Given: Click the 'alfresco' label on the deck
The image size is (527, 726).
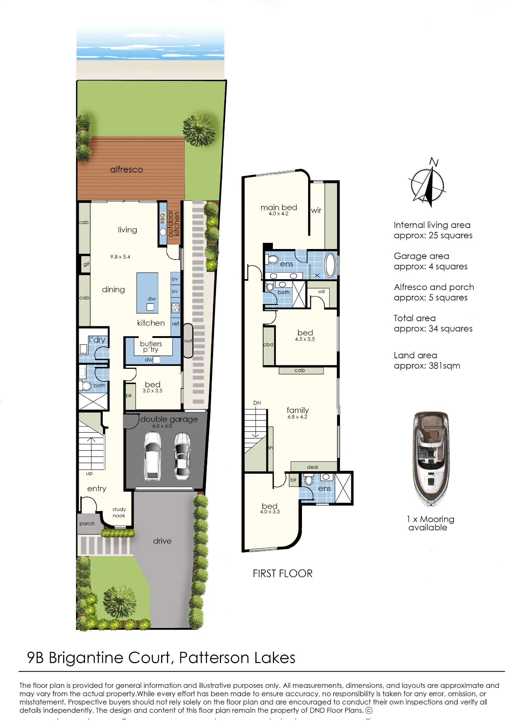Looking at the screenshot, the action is pos(126,170).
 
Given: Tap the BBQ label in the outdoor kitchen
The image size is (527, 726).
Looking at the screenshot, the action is pos(162,218).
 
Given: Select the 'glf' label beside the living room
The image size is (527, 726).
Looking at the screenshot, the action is pos(86,264).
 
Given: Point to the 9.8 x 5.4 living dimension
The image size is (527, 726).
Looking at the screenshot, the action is pos(120,257).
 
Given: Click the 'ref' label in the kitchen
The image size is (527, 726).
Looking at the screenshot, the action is pos(176,323).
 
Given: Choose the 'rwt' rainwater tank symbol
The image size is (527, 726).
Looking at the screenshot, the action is pos(188,340).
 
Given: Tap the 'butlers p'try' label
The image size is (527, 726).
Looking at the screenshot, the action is pos(151,347).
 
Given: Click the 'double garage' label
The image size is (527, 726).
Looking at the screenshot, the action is pos(169,419).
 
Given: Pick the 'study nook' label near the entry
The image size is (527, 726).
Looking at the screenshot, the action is pos(119,513).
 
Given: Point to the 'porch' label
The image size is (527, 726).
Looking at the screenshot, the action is pos(87,524).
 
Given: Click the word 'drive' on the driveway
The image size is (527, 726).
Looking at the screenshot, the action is pos(162,541).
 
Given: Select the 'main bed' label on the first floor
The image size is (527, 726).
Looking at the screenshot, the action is pos(279,207).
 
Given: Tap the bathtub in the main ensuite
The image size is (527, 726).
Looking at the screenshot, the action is pos(330,265).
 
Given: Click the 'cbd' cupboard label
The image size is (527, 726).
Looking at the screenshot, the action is pos(268,344).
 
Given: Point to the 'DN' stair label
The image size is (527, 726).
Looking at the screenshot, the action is pos(257,403).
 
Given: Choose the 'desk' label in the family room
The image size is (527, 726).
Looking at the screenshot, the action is pos(313,467).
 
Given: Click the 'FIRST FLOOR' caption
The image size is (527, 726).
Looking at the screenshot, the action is pos(283,574).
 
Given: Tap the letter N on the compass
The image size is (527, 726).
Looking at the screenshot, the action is pos(434,162).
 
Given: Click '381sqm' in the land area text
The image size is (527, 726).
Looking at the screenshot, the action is pos(445,366).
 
